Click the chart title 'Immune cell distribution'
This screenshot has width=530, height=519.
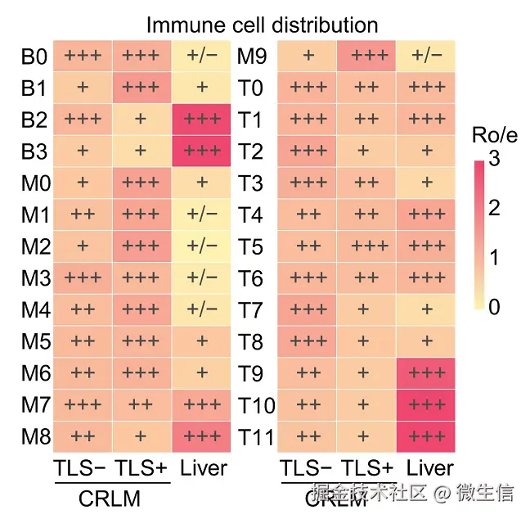[262, 25]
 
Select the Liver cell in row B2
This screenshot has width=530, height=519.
[202, 119]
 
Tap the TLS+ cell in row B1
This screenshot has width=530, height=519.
[141, 88]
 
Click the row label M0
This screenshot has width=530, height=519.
[36, 183]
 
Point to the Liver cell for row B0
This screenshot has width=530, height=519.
[202, 56]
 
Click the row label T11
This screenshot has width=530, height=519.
[256, 436]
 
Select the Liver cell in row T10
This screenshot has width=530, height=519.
[425, 404]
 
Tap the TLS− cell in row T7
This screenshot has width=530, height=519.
[308, 309]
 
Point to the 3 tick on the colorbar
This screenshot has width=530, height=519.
[493, 160]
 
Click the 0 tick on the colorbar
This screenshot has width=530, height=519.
[493, 308]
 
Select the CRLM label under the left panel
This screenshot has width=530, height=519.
[110, 499]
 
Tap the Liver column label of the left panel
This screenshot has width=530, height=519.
[202, 468]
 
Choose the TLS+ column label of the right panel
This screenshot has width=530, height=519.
[366, 468]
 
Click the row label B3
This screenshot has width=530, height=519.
[35, 151]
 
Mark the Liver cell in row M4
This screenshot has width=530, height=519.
[202, 309]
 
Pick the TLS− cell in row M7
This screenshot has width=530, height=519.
[82, 404]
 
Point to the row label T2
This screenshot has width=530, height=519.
[250, 151]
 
